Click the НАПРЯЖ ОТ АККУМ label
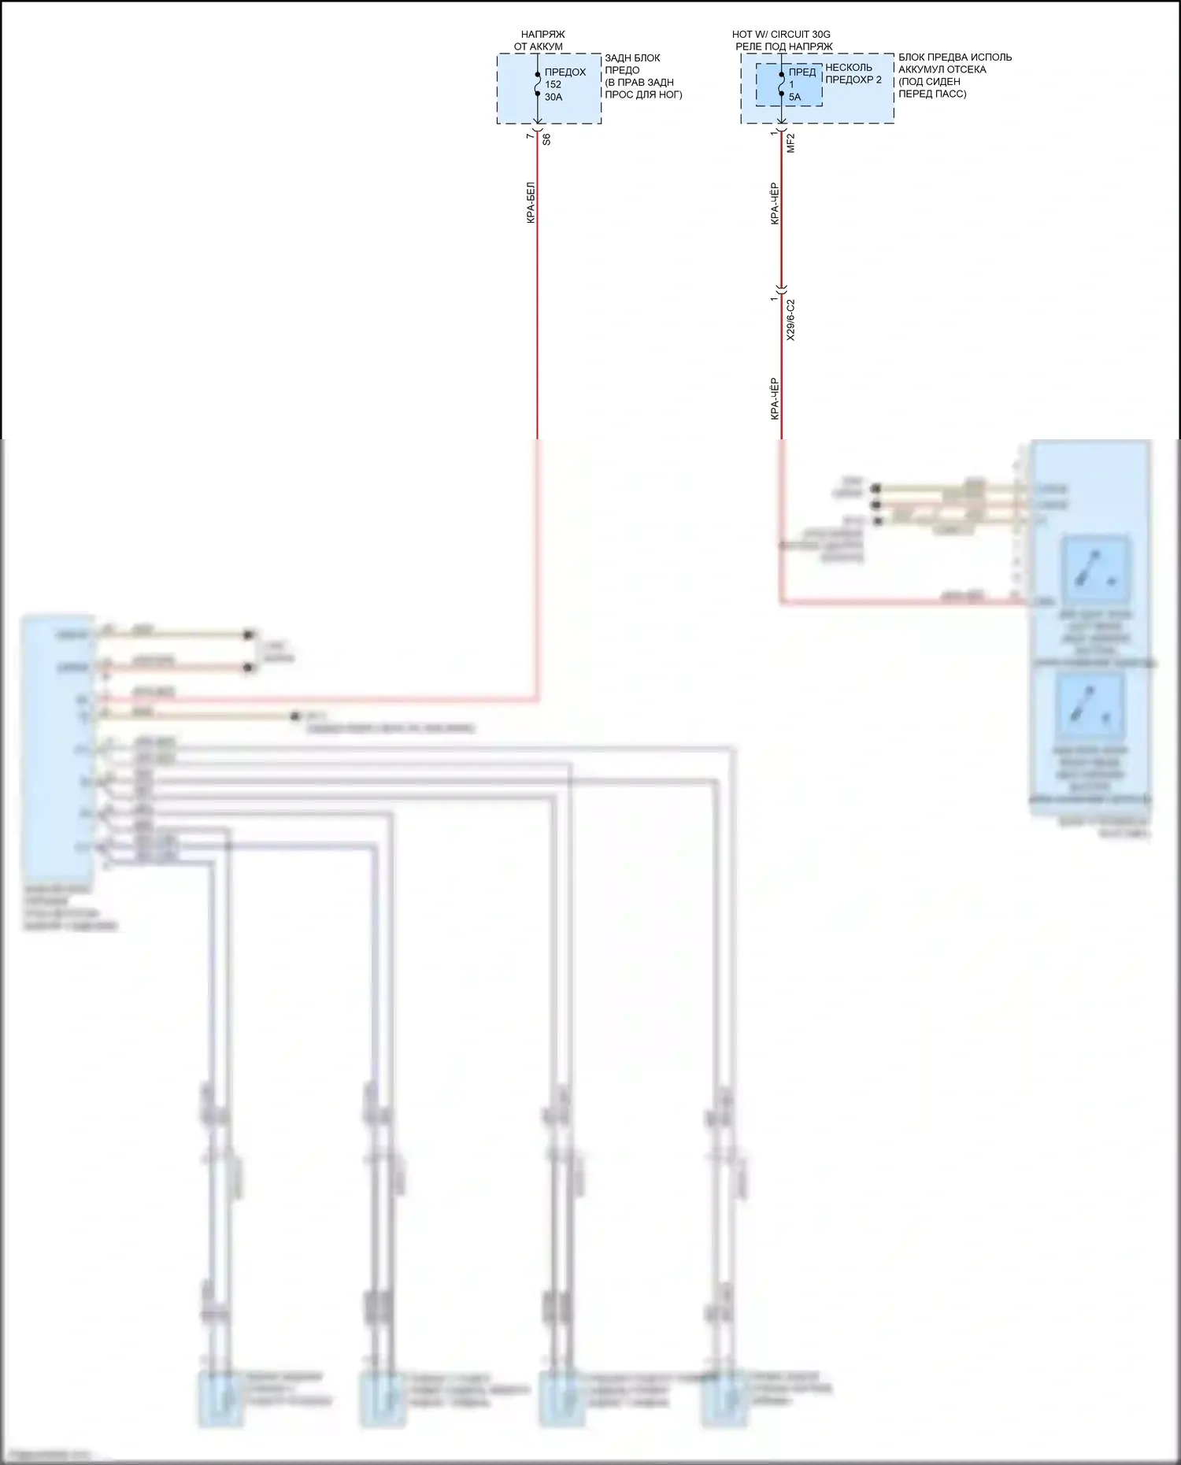click(542, 40)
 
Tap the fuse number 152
click(553, 84)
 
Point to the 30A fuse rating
click(553, 97)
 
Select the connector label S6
click(547, 139)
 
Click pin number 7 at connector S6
click(530, 136)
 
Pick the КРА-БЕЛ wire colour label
click(531, 203)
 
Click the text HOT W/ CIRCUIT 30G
click(780, 35)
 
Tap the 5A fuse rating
click(794, 97)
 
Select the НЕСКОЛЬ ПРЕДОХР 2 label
click(853, 73)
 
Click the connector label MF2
click(791, 142)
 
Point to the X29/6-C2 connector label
click(791, 320)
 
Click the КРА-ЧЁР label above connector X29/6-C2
click(775, 204)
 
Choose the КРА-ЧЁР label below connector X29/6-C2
click(775, 398)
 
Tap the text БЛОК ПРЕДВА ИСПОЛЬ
click(954, 57)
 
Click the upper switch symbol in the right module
click(1094, 568)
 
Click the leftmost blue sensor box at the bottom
click(220, 1398)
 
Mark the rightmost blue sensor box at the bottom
click(724, 1398)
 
